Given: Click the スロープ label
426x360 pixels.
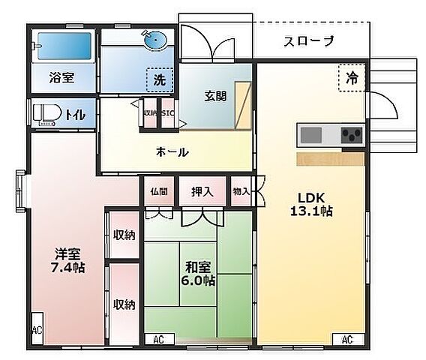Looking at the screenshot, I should pos(308,42).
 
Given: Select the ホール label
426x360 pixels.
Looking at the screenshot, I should pos(172,152).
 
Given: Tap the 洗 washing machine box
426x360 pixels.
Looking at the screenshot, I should pos(160,77).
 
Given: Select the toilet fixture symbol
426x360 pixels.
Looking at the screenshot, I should pos(45,114).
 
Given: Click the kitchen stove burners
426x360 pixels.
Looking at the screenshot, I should pos(351,136).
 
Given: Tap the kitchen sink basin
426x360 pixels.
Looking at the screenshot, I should pos(311,136).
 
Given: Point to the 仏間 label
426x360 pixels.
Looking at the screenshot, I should pos(158,191).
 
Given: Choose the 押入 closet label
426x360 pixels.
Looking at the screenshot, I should pos(202,191).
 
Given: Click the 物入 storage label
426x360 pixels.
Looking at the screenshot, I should pos(241,191).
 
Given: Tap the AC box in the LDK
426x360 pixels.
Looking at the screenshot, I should pos(347,340).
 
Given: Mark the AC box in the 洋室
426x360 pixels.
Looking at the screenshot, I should pos(37,331).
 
